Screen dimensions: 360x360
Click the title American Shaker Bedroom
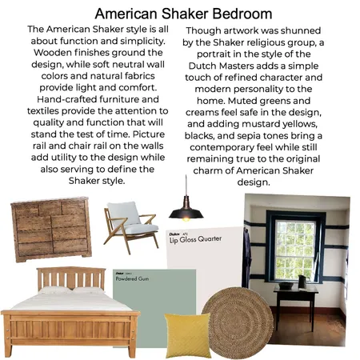click(183, 14)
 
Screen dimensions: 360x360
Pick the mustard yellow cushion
click(187, 335)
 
